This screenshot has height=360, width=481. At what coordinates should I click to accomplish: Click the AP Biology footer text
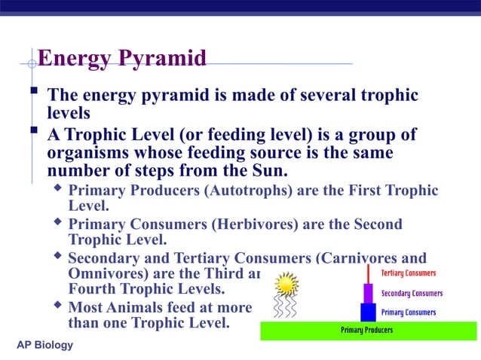pyautogui.click(x=45, y=345)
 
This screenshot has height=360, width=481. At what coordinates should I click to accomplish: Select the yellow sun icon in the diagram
pyautogui.click(x=286, y=284)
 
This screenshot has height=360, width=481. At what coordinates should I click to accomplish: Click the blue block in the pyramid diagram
pyautogui.click(x=368, y=312)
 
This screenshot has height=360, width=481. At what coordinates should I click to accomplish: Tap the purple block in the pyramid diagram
pyautogui.click(x=368, y=293)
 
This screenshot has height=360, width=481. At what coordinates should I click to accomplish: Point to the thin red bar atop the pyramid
pyautogui.click(x=368, y=273)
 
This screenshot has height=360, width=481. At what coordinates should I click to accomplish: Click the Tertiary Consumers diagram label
pyautogui.click(x=409, y=273)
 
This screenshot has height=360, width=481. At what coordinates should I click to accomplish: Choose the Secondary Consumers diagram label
pyautogui.click(x=412, y=293)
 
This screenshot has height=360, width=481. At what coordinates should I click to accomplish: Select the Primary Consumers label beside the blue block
pyautogui.click(x=409, y=312)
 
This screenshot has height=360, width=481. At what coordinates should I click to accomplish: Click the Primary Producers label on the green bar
pyautogui.click(x=366, y=330)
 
